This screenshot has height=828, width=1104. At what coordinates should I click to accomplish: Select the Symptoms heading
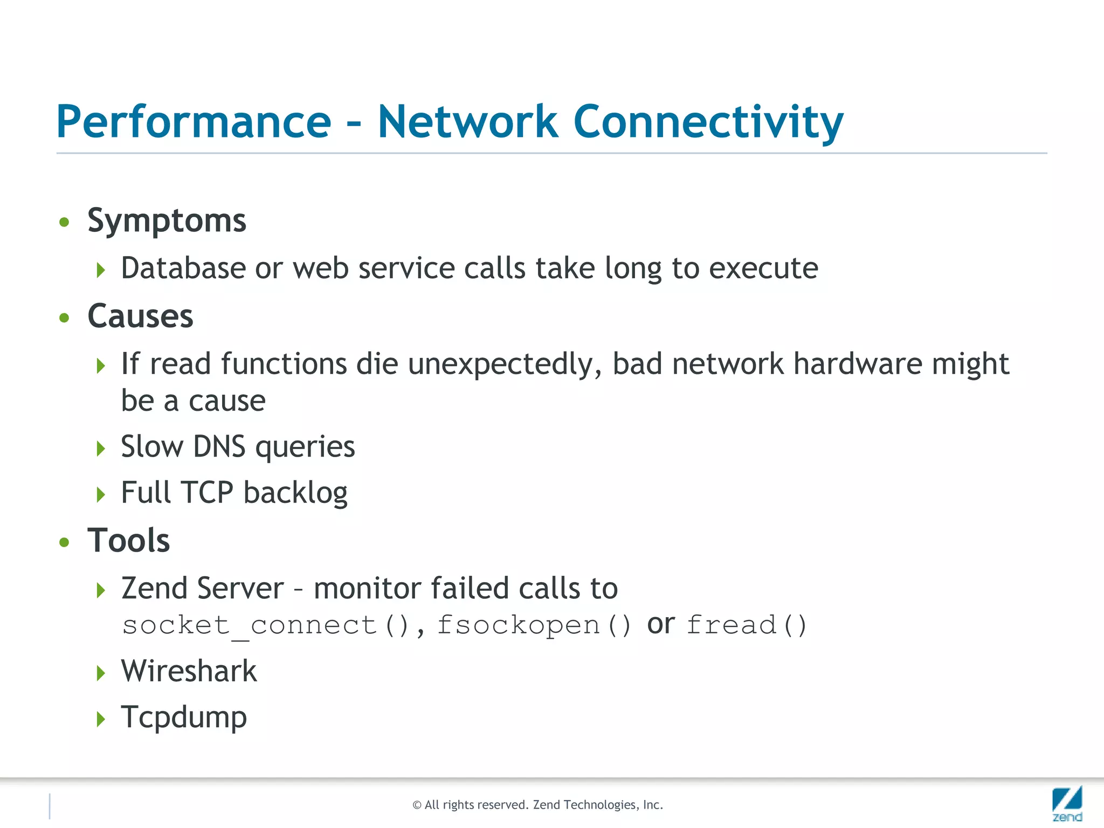(167, 221)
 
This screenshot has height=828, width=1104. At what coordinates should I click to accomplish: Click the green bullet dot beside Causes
(65, 318)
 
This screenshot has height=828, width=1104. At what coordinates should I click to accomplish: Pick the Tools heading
(128, 541)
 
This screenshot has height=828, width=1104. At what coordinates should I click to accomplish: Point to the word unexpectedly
(505, 364)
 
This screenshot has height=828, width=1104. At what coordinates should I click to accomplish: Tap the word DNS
(219, 447)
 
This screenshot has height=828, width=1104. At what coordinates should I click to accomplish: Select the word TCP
(207, 493)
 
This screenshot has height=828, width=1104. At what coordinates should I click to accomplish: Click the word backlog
(295, 493)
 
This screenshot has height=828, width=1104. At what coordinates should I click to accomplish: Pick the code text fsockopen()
(534, 626)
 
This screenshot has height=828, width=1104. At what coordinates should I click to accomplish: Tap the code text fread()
(747, 626)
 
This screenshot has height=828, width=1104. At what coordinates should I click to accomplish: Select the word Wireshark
(189, 672)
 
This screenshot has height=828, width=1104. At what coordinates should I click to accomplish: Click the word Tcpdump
(184, 717)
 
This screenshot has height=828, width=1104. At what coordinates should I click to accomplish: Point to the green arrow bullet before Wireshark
(101, 673)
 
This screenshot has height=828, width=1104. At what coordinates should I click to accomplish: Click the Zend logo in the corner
(1067, 803)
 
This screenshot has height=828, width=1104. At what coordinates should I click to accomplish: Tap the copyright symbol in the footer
(417, 805)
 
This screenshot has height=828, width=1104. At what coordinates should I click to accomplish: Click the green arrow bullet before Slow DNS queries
(101, 448)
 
